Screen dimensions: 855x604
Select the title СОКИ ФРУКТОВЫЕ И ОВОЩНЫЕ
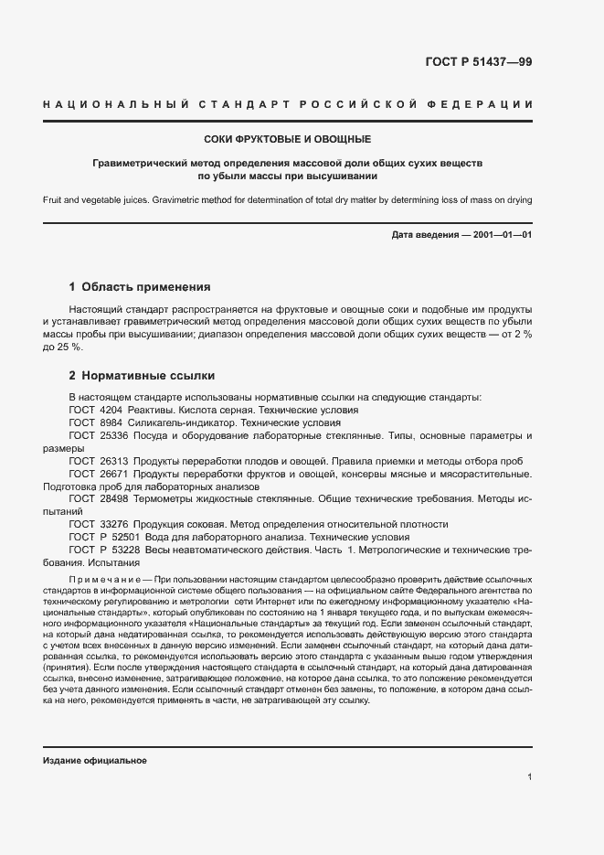pos(287,140)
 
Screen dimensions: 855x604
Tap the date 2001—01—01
pos(502,236)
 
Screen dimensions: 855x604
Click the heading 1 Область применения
pos(140,286)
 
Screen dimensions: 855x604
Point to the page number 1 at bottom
pos(530,777)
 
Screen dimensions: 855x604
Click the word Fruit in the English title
pos(52,198)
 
